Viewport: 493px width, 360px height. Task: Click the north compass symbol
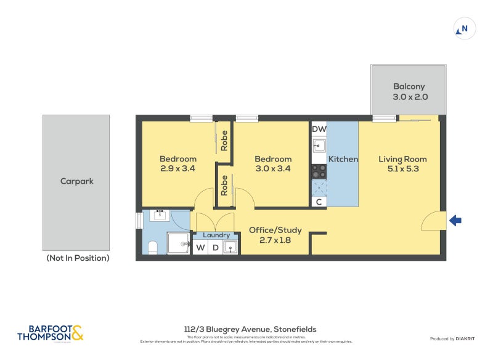click(x=464, y=28)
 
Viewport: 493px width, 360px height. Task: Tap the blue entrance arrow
click(x=455, y=221)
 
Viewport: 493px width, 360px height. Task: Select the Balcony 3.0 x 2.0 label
click(x=410, y=92)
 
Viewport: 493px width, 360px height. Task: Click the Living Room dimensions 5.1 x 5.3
click(x=402, y=169)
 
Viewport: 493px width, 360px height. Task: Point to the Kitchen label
click(x=343, y=159)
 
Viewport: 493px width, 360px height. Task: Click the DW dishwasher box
click(x=319, y=129)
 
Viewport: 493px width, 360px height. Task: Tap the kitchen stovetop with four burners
click(x=319, y=171)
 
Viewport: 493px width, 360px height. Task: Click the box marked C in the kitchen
click(x=319, y=202)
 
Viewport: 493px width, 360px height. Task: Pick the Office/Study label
click(x=275, y=231)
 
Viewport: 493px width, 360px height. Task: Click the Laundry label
click(x=216, y=235)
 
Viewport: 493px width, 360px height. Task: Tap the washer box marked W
click(x=200, y=248)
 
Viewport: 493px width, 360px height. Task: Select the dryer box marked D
click(x=215, y=248)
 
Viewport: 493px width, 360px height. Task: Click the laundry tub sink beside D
click(x=230, y=248)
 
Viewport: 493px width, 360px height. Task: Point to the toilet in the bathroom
click(x=153, y=247)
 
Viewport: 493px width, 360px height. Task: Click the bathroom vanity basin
click(x=160, y=215)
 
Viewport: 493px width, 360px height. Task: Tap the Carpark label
click(x=76, y=181)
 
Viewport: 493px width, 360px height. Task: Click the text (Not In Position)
click(x=78, y=258)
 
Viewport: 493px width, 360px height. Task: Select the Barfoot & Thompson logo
click(x=50, y=333)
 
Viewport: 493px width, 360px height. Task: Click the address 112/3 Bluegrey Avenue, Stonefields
click(x=250, y=329)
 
